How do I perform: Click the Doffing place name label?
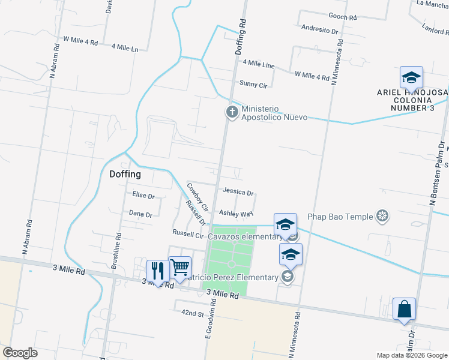[x=125, y=175]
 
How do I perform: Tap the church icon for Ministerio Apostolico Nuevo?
[x=231, y=112]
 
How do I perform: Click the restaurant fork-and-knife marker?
[x=157, y=271]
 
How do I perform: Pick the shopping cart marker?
[x=179, y=268]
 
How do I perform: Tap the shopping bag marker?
[x=404, y=310]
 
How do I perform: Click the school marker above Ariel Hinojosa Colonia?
[x=411, y=78]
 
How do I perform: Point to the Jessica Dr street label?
[x=238, y=193]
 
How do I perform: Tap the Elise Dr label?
[x=143, y=196]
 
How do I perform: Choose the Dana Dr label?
[x=140, y=214]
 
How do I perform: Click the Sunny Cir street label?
[x=253, y=85]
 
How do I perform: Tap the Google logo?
[x=20, y=353]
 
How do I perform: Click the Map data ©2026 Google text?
[x=412, y=355]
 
